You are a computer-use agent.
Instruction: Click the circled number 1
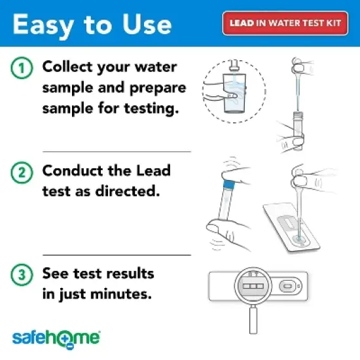tap(21, 68)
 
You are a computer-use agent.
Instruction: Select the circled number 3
tap(21, 274)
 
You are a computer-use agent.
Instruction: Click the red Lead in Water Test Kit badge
tap(285, 23)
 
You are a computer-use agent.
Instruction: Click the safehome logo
tap(56, 338)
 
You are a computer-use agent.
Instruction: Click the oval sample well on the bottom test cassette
tap(288, 287)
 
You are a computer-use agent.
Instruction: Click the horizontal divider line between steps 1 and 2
tap(117, 151)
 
